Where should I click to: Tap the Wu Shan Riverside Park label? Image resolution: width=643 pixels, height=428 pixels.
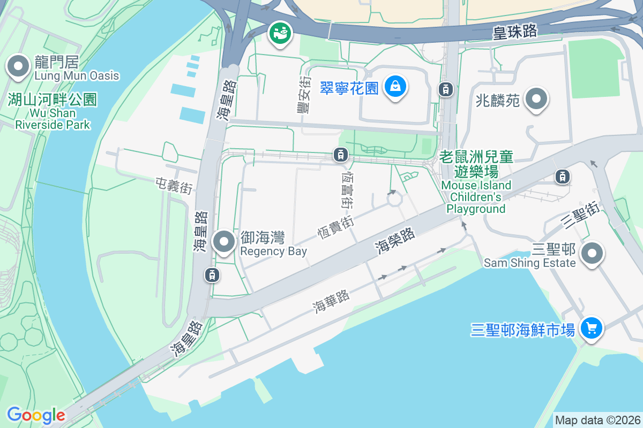(x=53, y=112)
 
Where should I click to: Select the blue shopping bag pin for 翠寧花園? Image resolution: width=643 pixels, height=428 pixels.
(x=395, y=86)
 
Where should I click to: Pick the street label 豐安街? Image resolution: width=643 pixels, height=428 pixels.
(x=304, y=94)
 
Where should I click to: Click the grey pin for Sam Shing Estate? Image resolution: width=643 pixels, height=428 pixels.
(x=592, y=254)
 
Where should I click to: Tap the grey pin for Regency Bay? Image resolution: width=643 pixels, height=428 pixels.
(x=224, y=242)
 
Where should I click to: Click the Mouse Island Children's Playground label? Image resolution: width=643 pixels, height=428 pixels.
(x=476, y=182)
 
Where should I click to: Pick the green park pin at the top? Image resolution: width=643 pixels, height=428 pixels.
(x=280, y=33)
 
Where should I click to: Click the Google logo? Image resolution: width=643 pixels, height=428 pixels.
(x=36, y=415)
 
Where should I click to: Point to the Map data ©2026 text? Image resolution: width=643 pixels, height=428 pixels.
(x=597, y=420)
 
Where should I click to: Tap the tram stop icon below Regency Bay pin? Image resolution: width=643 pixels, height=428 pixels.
(x=212, y=275)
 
